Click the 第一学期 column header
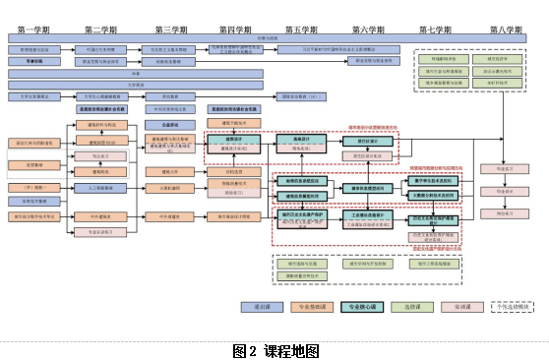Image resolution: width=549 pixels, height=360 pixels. point(34,30)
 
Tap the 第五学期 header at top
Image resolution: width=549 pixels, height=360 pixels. point(302,30)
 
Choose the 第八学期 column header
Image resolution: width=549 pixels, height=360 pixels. point(503,30)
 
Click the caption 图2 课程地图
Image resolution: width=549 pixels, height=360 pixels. point(275,349)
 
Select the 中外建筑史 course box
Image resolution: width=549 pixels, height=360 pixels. point(98,215)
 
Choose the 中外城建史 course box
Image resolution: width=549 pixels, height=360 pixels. point(167,215)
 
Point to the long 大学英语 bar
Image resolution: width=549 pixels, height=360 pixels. point(135,85)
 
